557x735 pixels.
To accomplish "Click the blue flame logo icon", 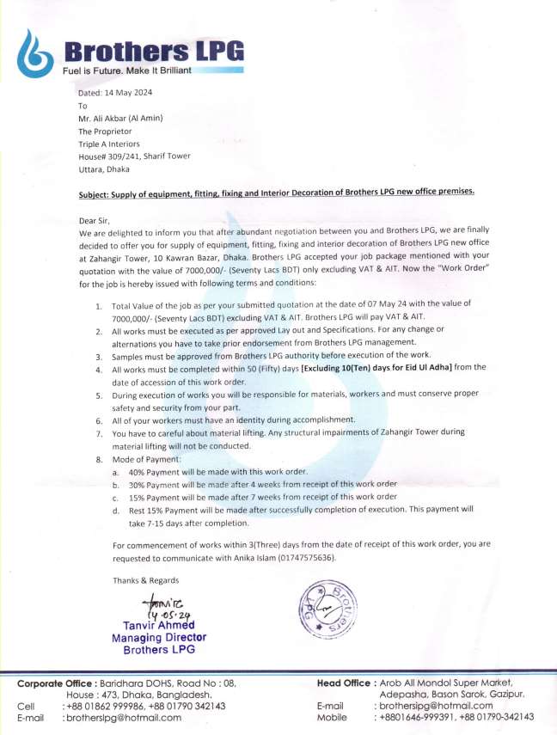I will click(x=34, y=52).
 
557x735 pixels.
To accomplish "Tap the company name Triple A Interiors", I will click(x=108, y=144).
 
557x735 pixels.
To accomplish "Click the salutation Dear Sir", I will click(x=95, y=221).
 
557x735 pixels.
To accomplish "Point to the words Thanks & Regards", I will click(x=146, y=580).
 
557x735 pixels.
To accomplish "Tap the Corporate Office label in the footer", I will click(x=57, y=683).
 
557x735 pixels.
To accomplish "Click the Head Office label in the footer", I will click(x=345, y=683).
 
